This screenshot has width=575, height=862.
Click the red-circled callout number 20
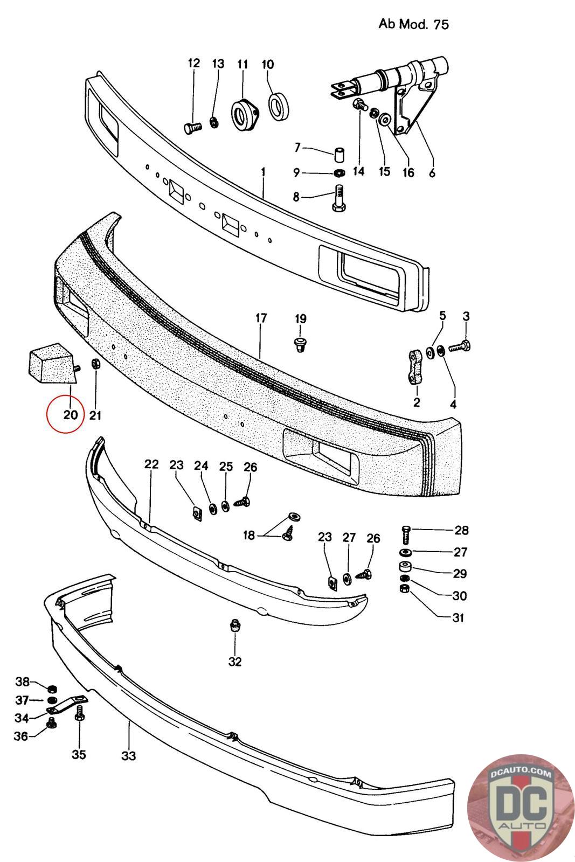[x=70, y=415]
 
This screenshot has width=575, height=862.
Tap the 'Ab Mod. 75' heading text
[x=413, y=24]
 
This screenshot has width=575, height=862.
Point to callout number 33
[x=128, y=755]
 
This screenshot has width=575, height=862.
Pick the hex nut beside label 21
[x=95, y=364]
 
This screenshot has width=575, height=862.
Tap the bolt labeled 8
[x=338, y=198]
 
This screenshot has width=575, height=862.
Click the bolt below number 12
[x=192, y=127]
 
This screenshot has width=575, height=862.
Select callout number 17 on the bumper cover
[x=261, y=318]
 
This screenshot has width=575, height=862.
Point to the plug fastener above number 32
[x=234, y=625]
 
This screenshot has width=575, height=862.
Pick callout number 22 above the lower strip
[x=151, y=464]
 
